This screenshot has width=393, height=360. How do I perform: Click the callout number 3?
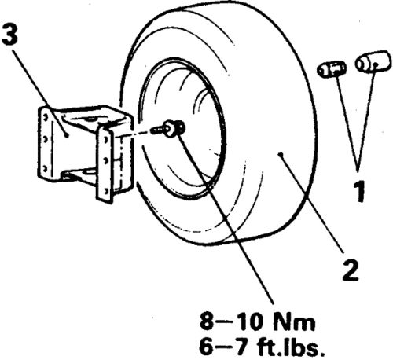(9, 35)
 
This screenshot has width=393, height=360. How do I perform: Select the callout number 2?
(351, 270)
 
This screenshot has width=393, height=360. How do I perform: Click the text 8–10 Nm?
(257, 322)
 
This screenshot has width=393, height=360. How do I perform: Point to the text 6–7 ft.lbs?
(262, 347)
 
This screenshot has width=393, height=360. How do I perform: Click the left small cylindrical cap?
(331, 69)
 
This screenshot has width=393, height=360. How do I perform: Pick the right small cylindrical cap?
(373, 61)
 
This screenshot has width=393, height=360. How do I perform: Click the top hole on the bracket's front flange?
(105, 140)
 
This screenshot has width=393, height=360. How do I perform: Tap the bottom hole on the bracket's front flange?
(105, 191)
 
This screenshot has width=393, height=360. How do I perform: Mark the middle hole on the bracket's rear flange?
(45, 138)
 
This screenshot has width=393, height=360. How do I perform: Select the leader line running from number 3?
(40, 93)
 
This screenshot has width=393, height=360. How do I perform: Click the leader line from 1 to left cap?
(347, 121)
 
